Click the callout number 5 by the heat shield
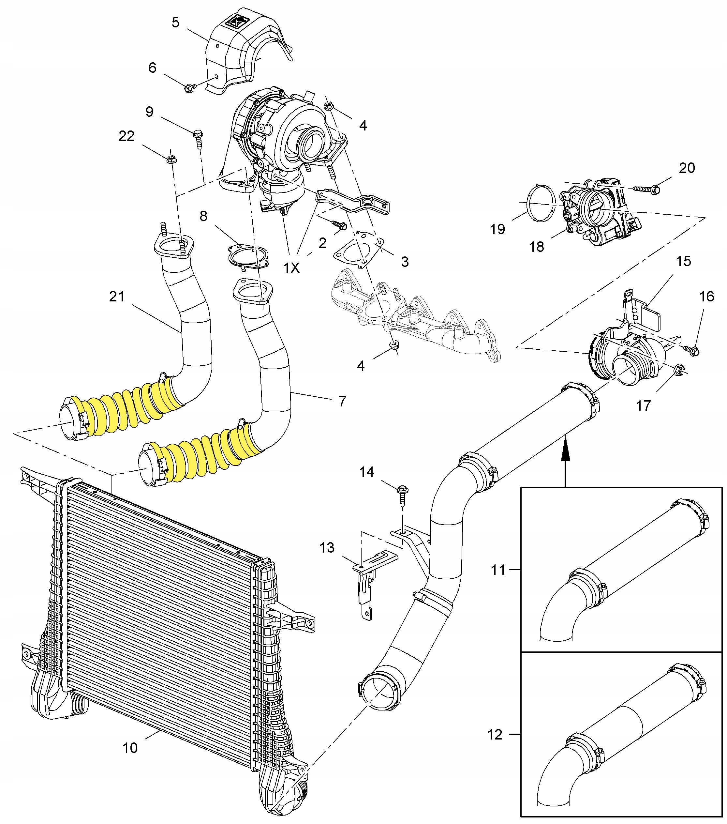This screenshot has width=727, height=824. (175, 23)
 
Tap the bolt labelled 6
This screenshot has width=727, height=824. (189, 87)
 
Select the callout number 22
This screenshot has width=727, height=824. (126, 136)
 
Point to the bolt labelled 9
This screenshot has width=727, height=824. (198, 134)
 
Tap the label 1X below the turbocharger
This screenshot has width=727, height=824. (291, 268)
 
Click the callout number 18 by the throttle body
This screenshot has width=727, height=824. (536, 247)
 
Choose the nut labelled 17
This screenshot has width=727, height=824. (678, 368)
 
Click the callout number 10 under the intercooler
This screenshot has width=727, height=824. (130, 748)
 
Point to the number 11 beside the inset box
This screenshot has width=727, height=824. (498, 570)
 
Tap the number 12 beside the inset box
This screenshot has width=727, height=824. (495, 735)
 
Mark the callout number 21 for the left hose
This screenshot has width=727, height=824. (117, 297)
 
